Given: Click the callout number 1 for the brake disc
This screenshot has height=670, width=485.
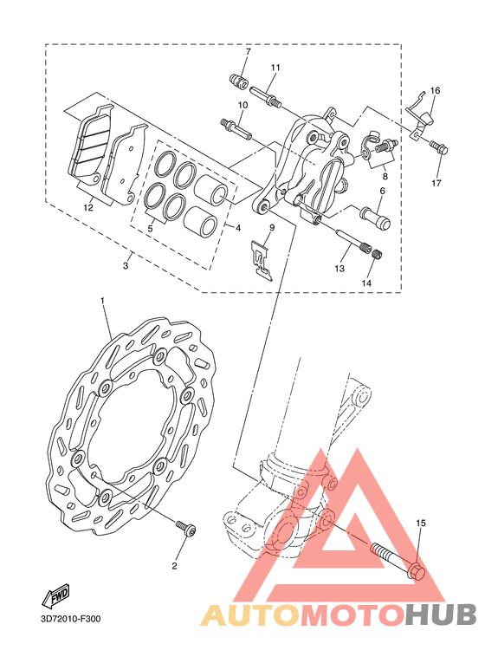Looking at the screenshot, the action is (102, 301).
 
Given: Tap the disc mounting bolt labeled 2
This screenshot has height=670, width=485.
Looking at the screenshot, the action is (186, 528).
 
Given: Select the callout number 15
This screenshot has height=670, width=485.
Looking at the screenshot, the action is (421, 523).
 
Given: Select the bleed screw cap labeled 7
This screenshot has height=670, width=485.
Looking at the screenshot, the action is (244, 81).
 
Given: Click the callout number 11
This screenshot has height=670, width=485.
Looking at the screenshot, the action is (275, 68).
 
